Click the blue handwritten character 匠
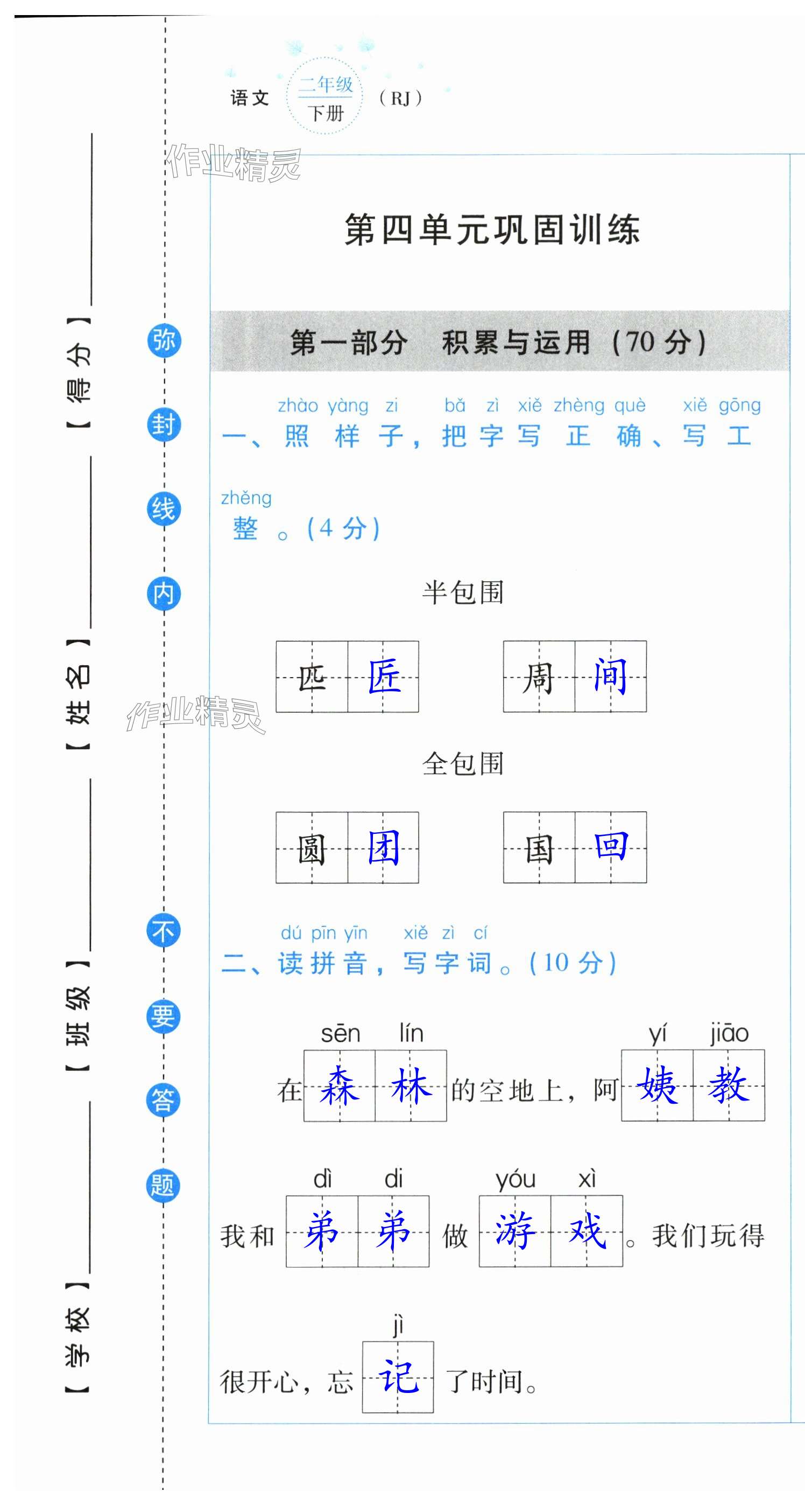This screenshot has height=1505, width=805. click(384, 677)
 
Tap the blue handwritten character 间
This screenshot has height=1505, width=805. click(610, 676)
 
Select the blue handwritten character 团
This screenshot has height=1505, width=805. click(384, 848)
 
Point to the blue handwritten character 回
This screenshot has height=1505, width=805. click(611, 847)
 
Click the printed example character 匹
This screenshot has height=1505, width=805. click(312, 678)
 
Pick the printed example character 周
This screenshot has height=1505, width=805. click(538, 678)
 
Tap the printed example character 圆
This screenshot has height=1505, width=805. click(312, 848)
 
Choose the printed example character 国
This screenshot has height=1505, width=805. click(539, 848)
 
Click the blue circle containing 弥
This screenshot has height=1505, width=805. click(164, 340)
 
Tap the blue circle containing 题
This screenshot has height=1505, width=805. click(163, 1186)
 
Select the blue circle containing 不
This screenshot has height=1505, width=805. click(163, 931)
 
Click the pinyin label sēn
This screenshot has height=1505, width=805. click(340, 1034)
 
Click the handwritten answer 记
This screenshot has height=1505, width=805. click(398, 1377)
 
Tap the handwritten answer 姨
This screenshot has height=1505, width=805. click(658, 1085)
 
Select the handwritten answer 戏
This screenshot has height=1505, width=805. click(587, 1231)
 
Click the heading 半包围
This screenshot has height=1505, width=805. click(462, 593)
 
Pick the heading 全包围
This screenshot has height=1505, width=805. click(462, 764)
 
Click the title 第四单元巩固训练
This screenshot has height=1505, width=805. click(492, 229)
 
